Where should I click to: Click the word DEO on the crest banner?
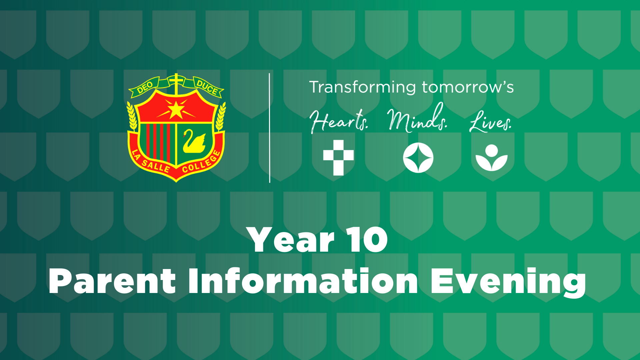click(x=145, y=87)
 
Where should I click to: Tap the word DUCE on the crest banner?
click(x=207, y=87)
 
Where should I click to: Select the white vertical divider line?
click(x=269, y=128)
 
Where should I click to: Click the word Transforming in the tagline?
click(x=363, y=88)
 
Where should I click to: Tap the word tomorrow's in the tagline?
click(x=468, y=87)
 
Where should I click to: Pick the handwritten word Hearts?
click(x=339, y=121)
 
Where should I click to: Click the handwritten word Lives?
click(x=490, y=121)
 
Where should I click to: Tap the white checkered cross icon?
click(x=338, y=158)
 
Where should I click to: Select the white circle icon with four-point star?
click(x=418, y=158)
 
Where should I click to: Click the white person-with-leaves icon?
click(x=491, y=158)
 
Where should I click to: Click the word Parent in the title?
click(x=112, y=281)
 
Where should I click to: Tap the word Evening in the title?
click(x=508, y=282)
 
